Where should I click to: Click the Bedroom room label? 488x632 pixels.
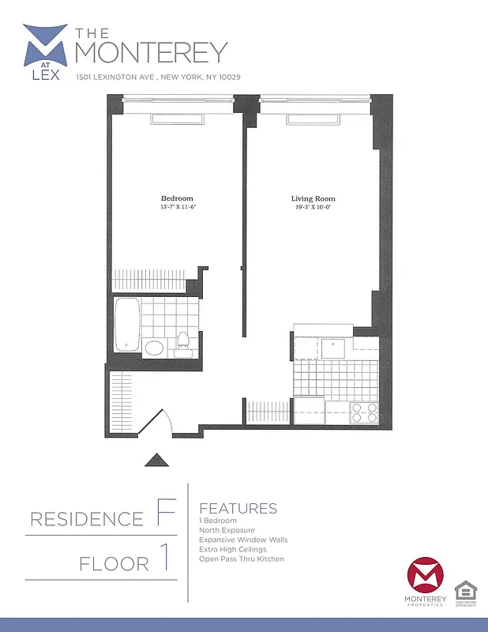coord(177,198)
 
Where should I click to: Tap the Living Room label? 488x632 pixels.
coord(313,198)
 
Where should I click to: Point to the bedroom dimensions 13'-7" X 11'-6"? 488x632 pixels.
coord(177,207)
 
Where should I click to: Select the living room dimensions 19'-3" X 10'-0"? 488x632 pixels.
coord(313,207)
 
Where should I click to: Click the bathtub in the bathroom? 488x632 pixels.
coord(126,324)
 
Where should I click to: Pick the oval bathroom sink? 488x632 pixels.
coord(154,348)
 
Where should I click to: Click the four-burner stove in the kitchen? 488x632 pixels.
coord(365,412)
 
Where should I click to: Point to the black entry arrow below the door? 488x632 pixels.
coord(156,461)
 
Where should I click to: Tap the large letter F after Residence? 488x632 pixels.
coord(165,514)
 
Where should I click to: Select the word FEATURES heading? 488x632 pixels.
coord(238,508)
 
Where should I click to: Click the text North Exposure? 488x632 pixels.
coord(227,530)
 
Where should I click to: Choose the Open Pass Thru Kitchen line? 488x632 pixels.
coord(242,559)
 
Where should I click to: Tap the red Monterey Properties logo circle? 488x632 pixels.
coord(424,577)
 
